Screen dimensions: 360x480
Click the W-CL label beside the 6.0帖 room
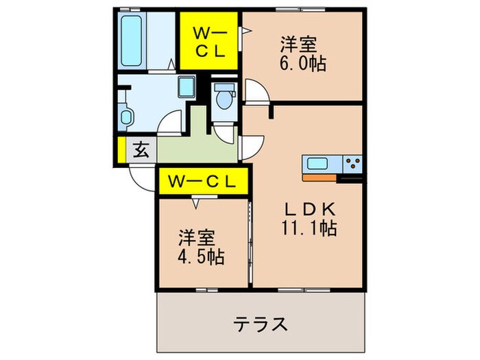coord(208,41)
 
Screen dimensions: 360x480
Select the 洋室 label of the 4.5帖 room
coord(197,239)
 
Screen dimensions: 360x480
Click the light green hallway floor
coord(195,141)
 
